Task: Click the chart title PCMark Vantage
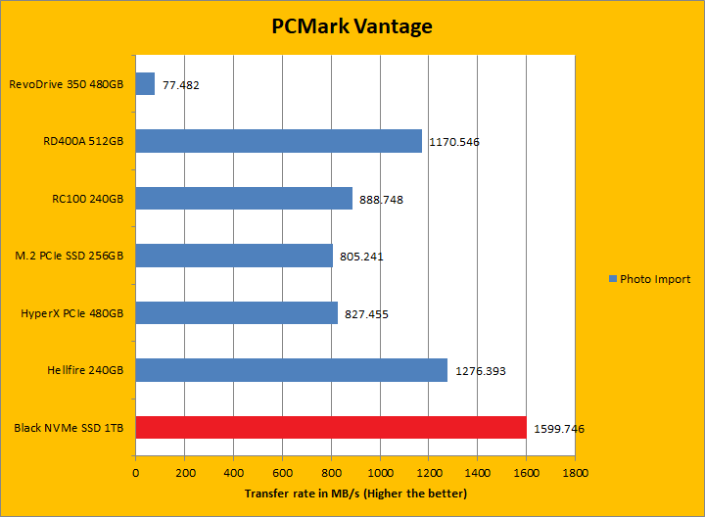click(352, 26)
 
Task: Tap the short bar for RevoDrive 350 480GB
click(145, 84)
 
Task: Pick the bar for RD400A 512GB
click(278, 141)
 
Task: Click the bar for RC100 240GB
click(244, 198)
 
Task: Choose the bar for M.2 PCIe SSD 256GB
click(234, 256)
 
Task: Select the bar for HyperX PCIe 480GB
click(236, 312)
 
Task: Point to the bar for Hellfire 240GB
click(291, 370)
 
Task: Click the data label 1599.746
click(559, 429)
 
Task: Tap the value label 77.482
click(181, 85)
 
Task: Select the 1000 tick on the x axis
click(380, 472)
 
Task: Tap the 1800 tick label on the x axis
click(575, 472)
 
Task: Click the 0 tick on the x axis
click(135, 472)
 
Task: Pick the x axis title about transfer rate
click(355, 493)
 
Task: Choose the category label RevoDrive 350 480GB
click(67, 84)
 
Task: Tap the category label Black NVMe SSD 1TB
click(70, 428)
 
